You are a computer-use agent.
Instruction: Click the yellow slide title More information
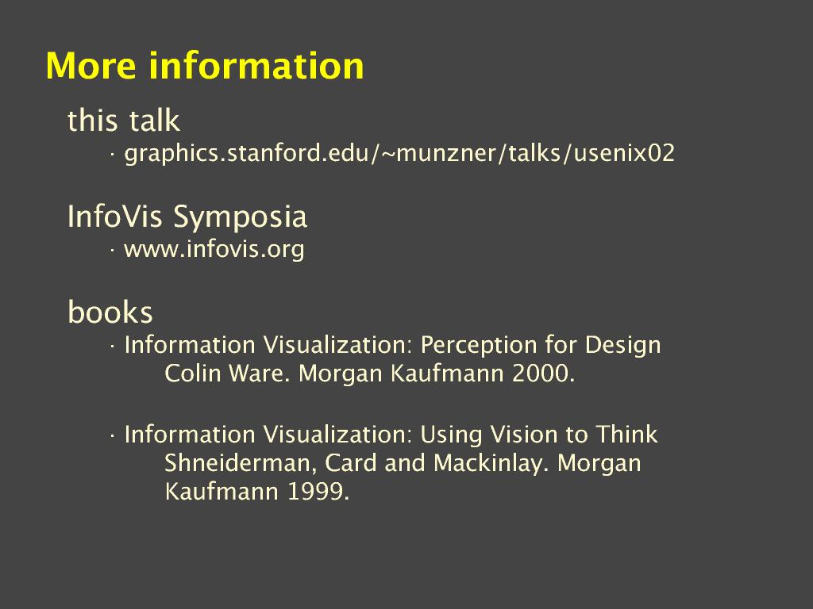[205, 66]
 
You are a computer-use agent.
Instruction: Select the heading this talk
[123, 121]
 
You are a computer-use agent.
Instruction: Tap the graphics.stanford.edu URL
[400, 153]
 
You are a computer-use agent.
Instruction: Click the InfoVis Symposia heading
[187, 216]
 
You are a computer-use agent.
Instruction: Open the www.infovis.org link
[214, 249]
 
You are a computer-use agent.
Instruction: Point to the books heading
[110, 312]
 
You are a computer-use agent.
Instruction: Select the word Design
[622, 346]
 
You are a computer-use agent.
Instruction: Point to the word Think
[626, 435]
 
